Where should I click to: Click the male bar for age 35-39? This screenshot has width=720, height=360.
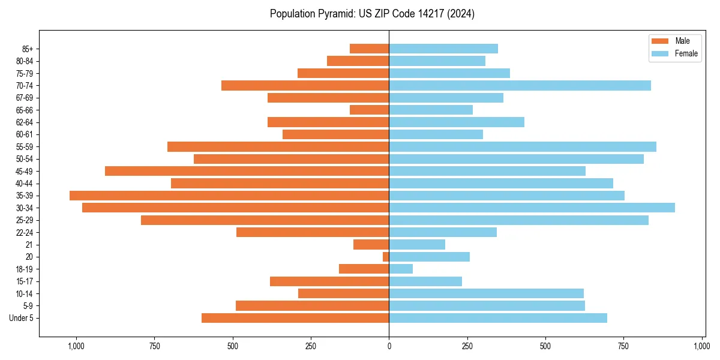click(229, 196)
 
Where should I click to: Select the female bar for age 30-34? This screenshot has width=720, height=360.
click(532, 208)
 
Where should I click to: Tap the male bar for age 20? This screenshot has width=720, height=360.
click(386, 257)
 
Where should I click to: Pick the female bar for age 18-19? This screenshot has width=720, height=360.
click(401, 269)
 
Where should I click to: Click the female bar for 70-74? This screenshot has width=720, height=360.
click(520, 85)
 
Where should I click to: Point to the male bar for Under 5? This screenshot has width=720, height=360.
click(295, 318)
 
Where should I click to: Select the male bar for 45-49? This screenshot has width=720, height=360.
click(247, 171)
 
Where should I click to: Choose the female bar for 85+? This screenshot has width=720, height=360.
click(443, 49)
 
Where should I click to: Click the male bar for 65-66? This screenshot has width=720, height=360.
click(369, 110)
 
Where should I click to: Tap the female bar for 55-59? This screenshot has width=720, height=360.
click(523, 146)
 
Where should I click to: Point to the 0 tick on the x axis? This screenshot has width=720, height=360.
click(389, 346)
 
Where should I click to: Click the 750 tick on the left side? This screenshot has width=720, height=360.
click(154, 346)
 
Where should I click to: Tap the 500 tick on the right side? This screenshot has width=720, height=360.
click(545, 346)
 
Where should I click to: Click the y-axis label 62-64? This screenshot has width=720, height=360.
click(25, 122)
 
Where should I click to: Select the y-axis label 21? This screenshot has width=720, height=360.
click(29, 245)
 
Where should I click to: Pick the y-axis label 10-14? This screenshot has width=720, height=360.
click(25, 293)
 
